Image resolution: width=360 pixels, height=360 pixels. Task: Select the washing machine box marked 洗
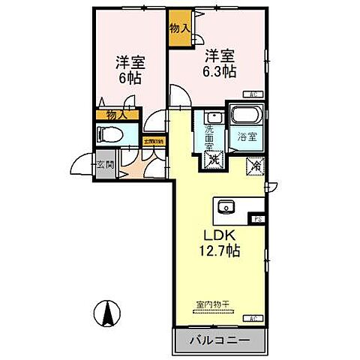(x=213, y=159)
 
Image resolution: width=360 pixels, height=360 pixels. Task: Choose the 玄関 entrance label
(x=105, y=164)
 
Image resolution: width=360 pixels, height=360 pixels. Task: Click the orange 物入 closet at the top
(x=179, y=27)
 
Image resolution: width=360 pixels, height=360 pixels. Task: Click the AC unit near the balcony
(x=254, y=318)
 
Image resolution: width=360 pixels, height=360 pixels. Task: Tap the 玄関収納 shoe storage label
(x=154, y=140)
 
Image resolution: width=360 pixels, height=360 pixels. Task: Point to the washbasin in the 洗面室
(x=211, y=118)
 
